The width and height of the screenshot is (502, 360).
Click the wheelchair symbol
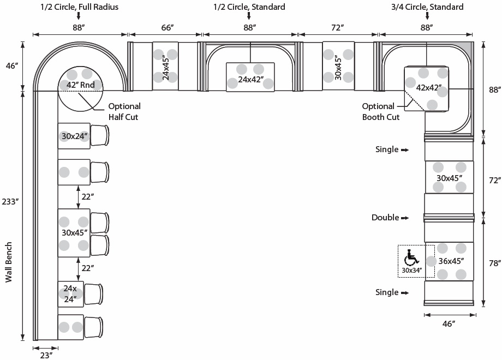(x=410, y=257)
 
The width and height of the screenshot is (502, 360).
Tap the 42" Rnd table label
(x=80, y=85)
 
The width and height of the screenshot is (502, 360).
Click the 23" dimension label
(x=46, y=355)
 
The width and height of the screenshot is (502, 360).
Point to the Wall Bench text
(x=9, y=262)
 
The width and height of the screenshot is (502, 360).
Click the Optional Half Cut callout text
(x=124, y=111)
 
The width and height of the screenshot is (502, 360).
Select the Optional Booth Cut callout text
(x=380, y=111)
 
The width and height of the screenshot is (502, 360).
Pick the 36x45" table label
(x=451, y=261)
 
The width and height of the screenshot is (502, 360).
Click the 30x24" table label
(x=74, y=136)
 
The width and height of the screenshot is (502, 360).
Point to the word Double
(x=385, y=218)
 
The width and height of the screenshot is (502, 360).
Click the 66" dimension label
(x=162, y=27)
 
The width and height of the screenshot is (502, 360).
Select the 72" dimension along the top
(x=338, y=27)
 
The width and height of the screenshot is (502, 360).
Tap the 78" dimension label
(x=494, y=263)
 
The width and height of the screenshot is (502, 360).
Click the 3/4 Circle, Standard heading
(x=427, y=7)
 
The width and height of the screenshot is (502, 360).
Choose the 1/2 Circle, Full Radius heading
(x=79, y=7)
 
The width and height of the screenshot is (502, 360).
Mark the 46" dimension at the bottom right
(x=448, y=324)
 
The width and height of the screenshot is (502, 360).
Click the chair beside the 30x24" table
(x=99, y=136)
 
